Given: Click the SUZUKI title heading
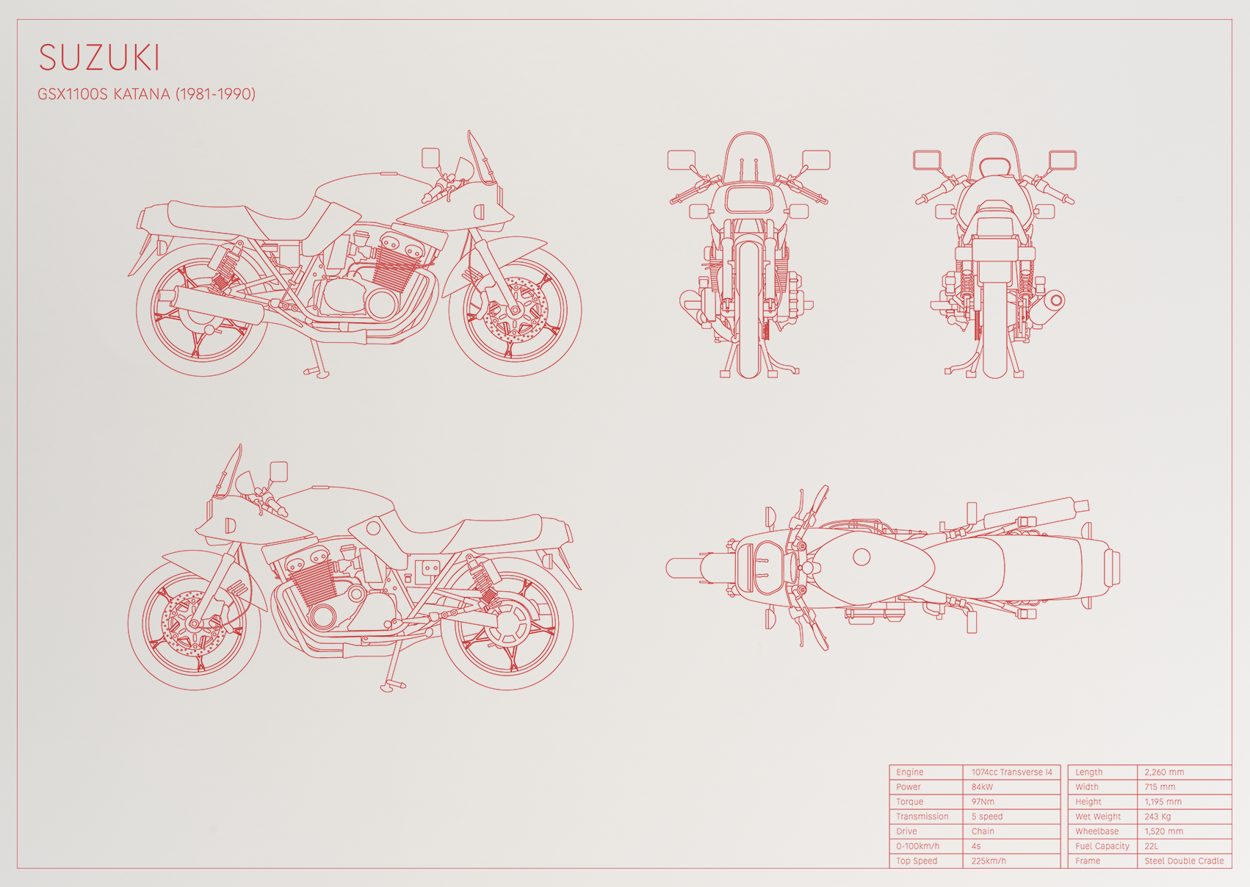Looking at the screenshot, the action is coord(99,57).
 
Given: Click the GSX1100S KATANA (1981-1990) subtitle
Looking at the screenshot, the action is coord(146,94).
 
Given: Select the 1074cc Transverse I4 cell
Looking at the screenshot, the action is coord(1011,772).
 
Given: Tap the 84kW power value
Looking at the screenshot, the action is coord(982,786).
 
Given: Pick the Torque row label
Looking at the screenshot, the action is coord(910,802).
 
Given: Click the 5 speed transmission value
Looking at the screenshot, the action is coord(986,817).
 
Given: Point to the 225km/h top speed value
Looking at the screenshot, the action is coord(989,861).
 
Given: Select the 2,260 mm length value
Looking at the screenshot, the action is coord(1164,772).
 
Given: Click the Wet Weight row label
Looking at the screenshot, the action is coord(1098,817).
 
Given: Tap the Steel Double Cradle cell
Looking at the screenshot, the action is coord(1184,861).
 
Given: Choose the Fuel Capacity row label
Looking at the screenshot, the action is coord(1102,846).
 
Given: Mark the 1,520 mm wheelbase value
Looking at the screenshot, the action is coord(1163,831).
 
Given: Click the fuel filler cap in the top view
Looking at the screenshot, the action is coord(861,557).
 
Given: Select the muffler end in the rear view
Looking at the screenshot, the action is coord(1055,301).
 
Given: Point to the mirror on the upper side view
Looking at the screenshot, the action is coord(430,158).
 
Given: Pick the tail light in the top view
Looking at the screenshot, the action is coord(1112,568).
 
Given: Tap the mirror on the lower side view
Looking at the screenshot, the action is coord(278,471).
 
